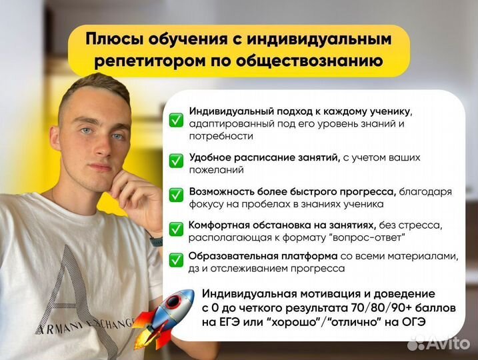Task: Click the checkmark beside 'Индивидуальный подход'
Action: pos(176,120)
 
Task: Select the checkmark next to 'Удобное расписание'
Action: pos(176,161)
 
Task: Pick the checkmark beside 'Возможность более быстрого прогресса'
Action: pos(176,195)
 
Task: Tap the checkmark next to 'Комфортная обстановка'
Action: pos(176,228)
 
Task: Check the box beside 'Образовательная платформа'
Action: pos(176,259)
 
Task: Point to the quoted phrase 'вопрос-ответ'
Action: pos(370,237)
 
